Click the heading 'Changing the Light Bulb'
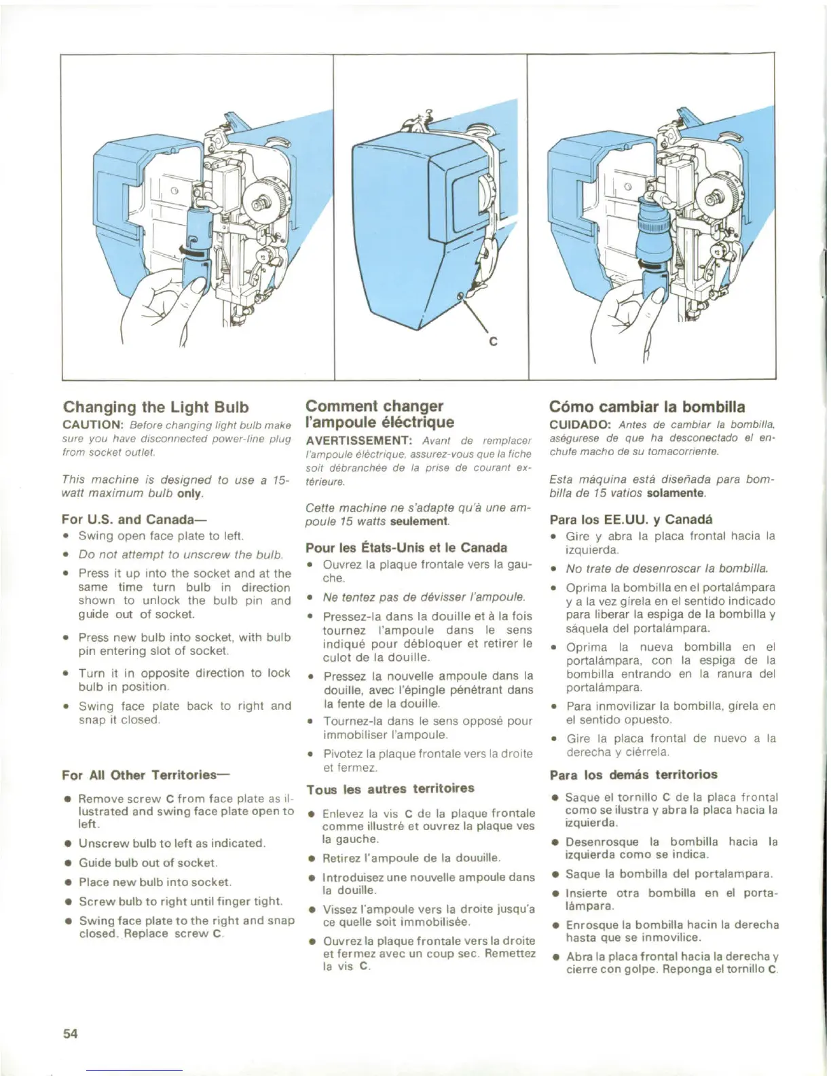pyautogui.click(x=155, y=408)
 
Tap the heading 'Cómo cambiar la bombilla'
pyautogui.click(x=647, y=408)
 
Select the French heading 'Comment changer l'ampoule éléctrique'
pyautogui.click(x=380, y=414)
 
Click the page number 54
pyautogui.click(x=71, y=1033)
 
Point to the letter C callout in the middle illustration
pyautogui.click(x=494, y=342)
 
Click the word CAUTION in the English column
pyautogui.click(x=91, y=425)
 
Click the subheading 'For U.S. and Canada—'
pyautogui.click(x=129, y=520)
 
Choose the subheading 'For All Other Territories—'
pyautogui.click(x=146, y=775)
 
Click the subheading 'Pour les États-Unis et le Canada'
pyautogui.click(x=406, y=548)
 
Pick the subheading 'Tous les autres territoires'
pyautogui.click(x=390, y=789)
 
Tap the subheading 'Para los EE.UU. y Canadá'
pyautogui.click(x=631, y=520)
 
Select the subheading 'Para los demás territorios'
pyautogui.click(x=633, y=775)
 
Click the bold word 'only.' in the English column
pyautogui.click(x=191, y=494)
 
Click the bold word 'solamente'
pyautogui.click(x=676, y=492)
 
